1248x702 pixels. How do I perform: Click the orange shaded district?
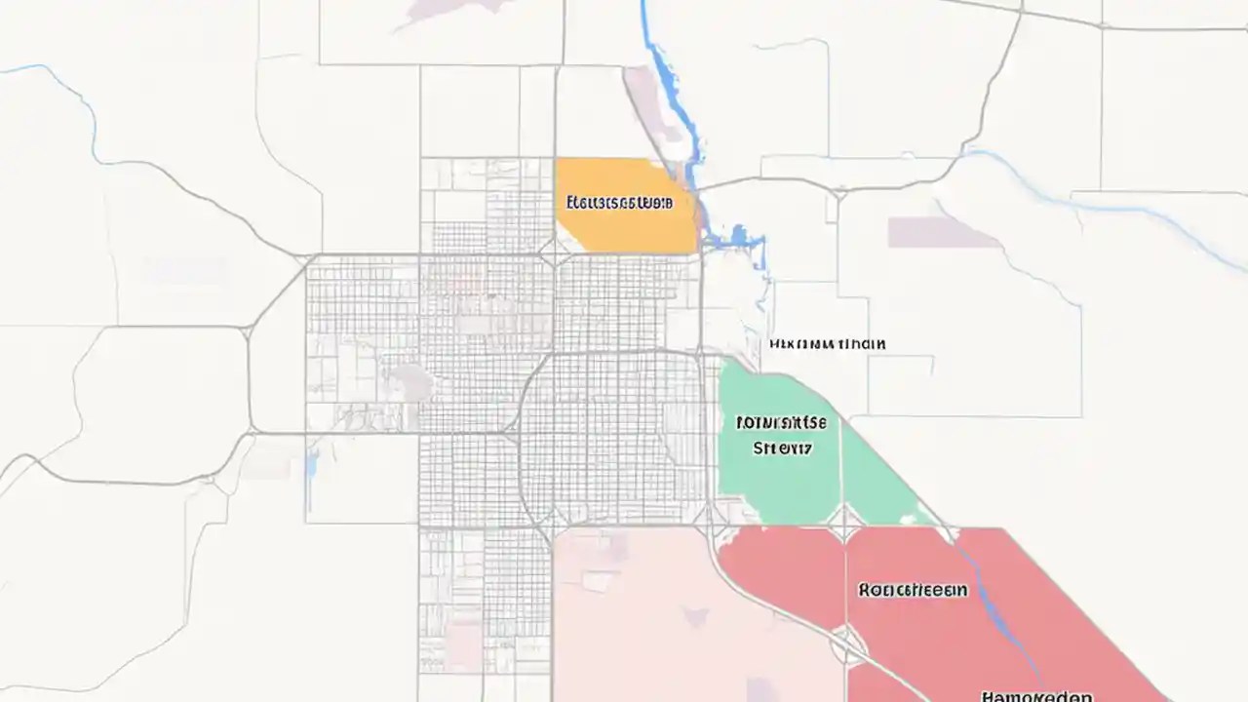coord(624,224)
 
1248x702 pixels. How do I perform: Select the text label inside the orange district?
coord(619,203)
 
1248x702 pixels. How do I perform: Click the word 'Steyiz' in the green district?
coord(783,448)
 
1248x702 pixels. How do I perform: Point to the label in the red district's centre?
coord(913,590)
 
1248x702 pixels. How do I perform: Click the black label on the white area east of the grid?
coord(827,344)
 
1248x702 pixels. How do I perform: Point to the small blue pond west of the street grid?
coord(311,467)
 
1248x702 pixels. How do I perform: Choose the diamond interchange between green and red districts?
coord(845,527)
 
